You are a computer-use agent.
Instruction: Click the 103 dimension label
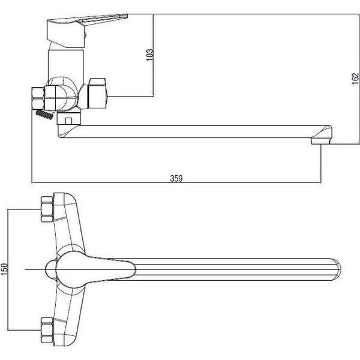click(x=149, y=55)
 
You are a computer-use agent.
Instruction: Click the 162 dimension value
click(x=355, y=79)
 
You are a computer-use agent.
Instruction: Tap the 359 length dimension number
click(x=176, y=178)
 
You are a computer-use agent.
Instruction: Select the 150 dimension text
click(x=4, y=269)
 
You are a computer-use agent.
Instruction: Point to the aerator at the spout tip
click(x=321, y=141)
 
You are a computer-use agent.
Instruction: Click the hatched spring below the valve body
click(x=45, y=115)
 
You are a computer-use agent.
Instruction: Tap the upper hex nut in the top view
click(x=47, y=209)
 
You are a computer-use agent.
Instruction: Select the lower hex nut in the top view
click(x=47, y=330)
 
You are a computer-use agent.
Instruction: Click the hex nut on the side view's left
click(x=38, y=98)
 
